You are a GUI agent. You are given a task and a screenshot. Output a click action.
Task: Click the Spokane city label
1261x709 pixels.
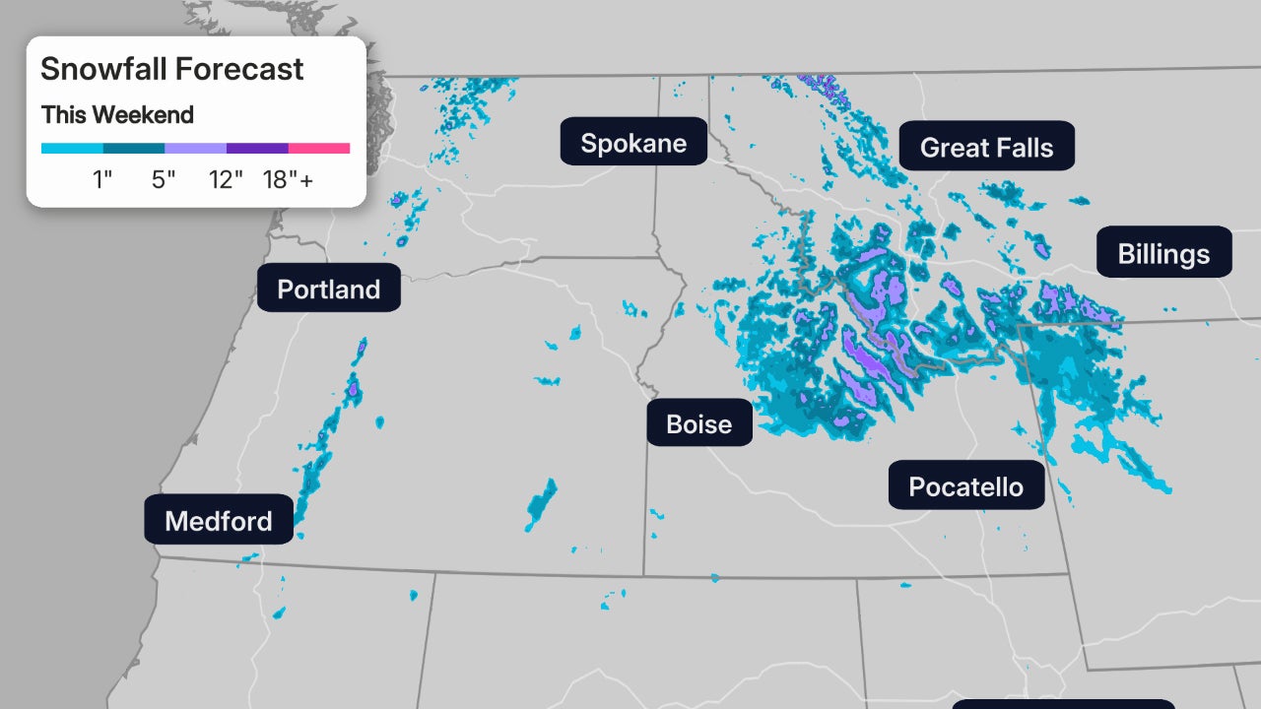(633, 142)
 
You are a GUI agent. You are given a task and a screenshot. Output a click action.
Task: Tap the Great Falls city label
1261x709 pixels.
(986, 147)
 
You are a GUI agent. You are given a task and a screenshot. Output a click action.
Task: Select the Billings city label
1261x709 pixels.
(1163, 253)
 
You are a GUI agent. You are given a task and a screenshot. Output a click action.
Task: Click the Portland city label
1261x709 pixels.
(328, 289)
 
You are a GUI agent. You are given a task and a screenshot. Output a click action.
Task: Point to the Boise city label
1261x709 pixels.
(698, 423)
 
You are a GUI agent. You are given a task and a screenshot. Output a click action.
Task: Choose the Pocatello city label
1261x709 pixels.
(965, 485)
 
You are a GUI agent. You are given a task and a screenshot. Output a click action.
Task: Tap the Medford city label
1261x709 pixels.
(219, 520)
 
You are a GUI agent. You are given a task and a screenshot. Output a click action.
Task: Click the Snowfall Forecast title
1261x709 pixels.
(171, 69)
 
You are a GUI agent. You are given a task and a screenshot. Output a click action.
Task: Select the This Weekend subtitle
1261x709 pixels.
(117, 115)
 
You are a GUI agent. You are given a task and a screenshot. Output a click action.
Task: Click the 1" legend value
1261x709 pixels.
(102, 180)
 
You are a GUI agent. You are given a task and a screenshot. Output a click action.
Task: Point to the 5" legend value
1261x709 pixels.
(164, 180)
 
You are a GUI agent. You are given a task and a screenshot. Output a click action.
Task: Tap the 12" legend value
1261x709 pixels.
(226, 180)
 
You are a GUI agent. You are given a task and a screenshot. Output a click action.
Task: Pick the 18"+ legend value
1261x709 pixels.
(288, 180)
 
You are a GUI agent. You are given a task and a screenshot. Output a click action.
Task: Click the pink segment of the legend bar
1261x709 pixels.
(319, 149)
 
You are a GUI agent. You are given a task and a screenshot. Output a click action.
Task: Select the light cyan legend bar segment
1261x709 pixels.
(72, 149)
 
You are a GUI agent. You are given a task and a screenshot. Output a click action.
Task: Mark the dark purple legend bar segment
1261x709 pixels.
(257, 149)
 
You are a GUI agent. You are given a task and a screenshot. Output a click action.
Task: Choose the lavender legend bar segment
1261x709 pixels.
(195, 149)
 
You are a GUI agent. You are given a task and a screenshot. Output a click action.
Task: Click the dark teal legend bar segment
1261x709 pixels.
(133, 149)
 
